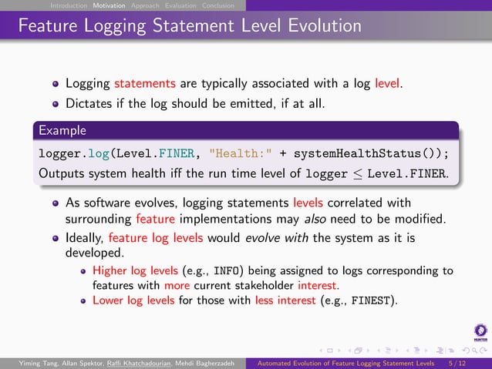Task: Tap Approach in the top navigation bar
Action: (x=146, y=5)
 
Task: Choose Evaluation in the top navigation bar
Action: (x=181, y=5)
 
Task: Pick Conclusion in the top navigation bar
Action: (x=218, y=5)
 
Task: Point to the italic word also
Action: (x=312, y=222)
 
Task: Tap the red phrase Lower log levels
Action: (x=133, y=300)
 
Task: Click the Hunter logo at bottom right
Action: (x=480, y=333)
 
